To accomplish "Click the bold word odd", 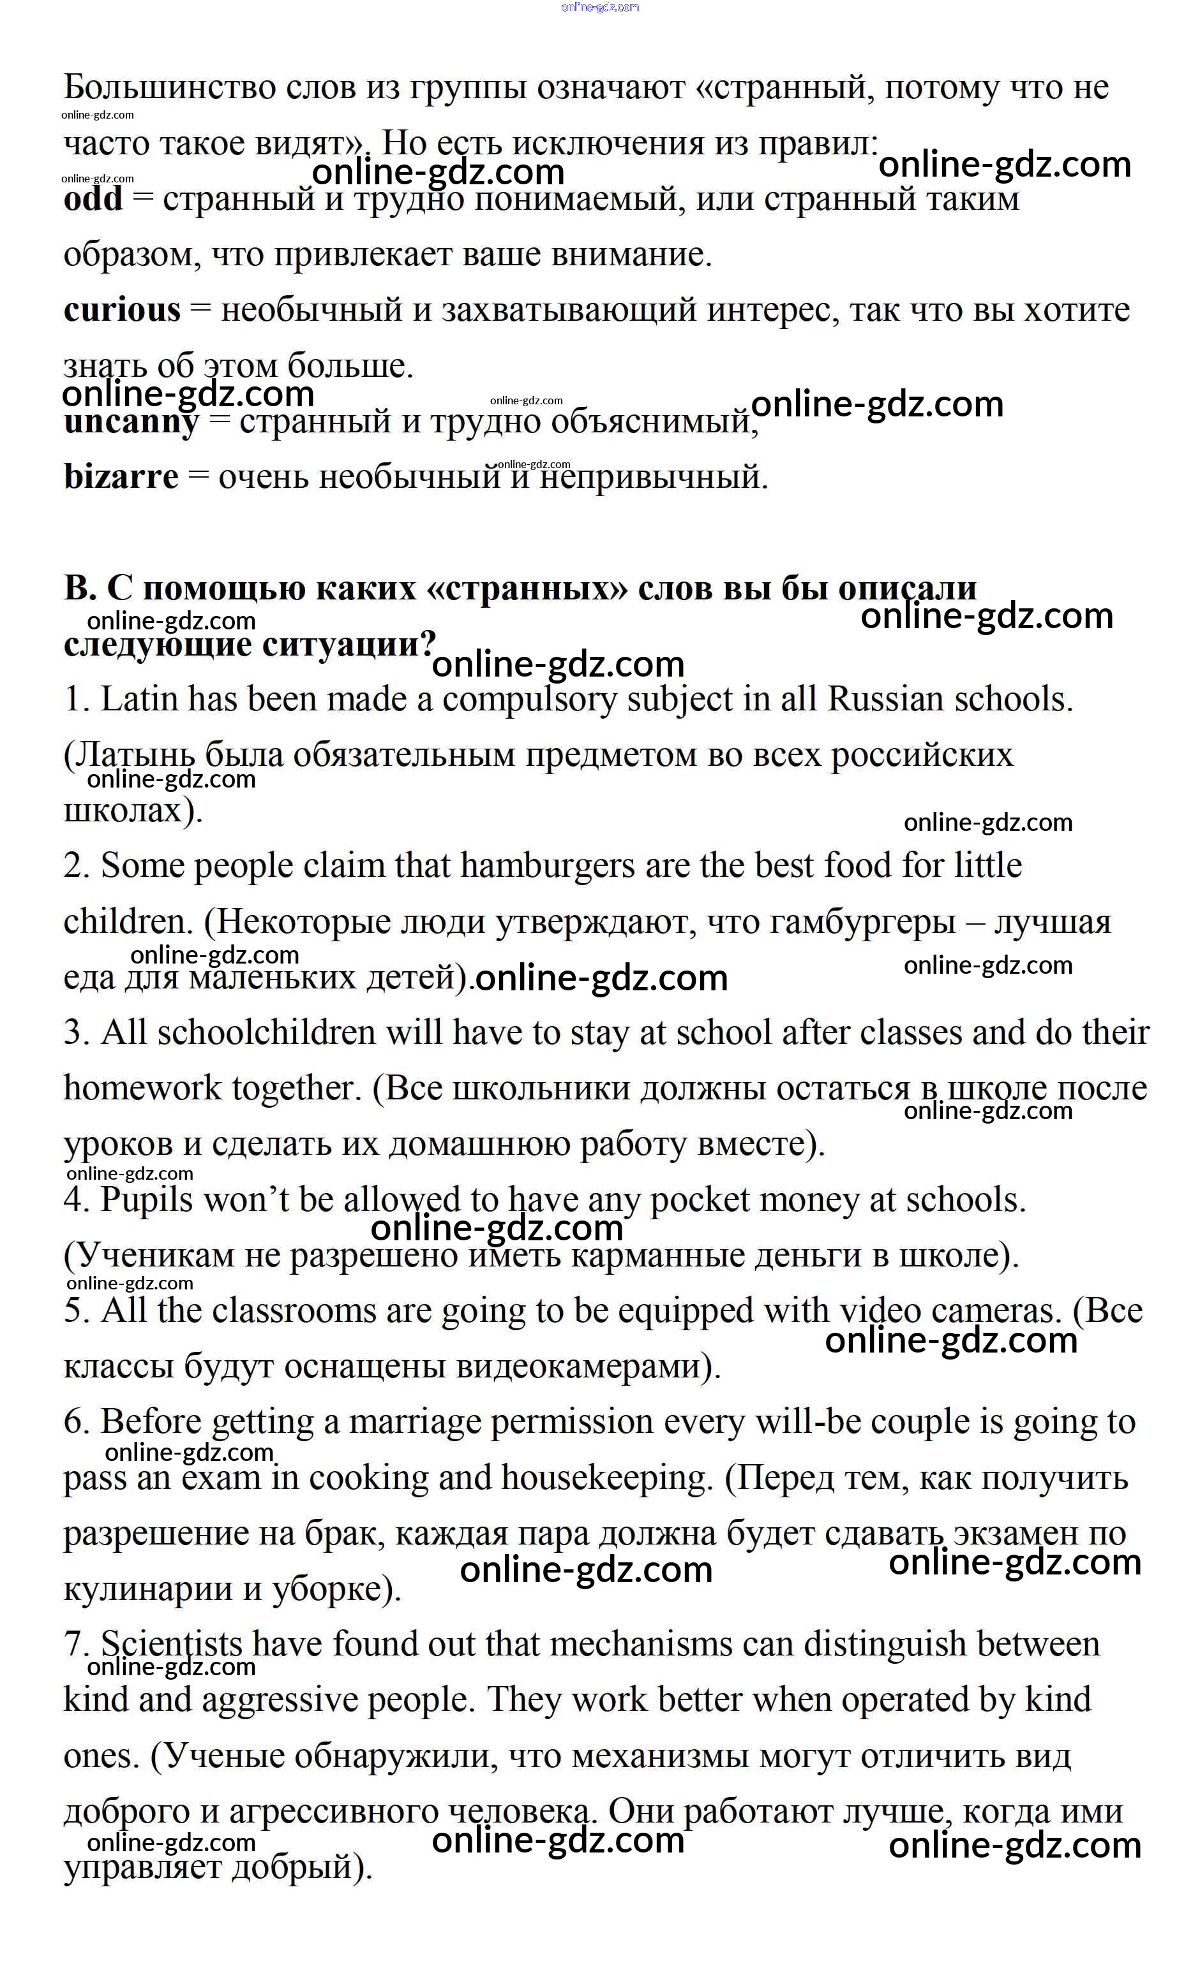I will click(93, 200).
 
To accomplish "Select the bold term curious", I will click(122, 311).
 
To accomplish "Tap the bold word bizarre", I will click(121, 477).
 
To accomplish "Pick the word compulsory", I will click(529, 700).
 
